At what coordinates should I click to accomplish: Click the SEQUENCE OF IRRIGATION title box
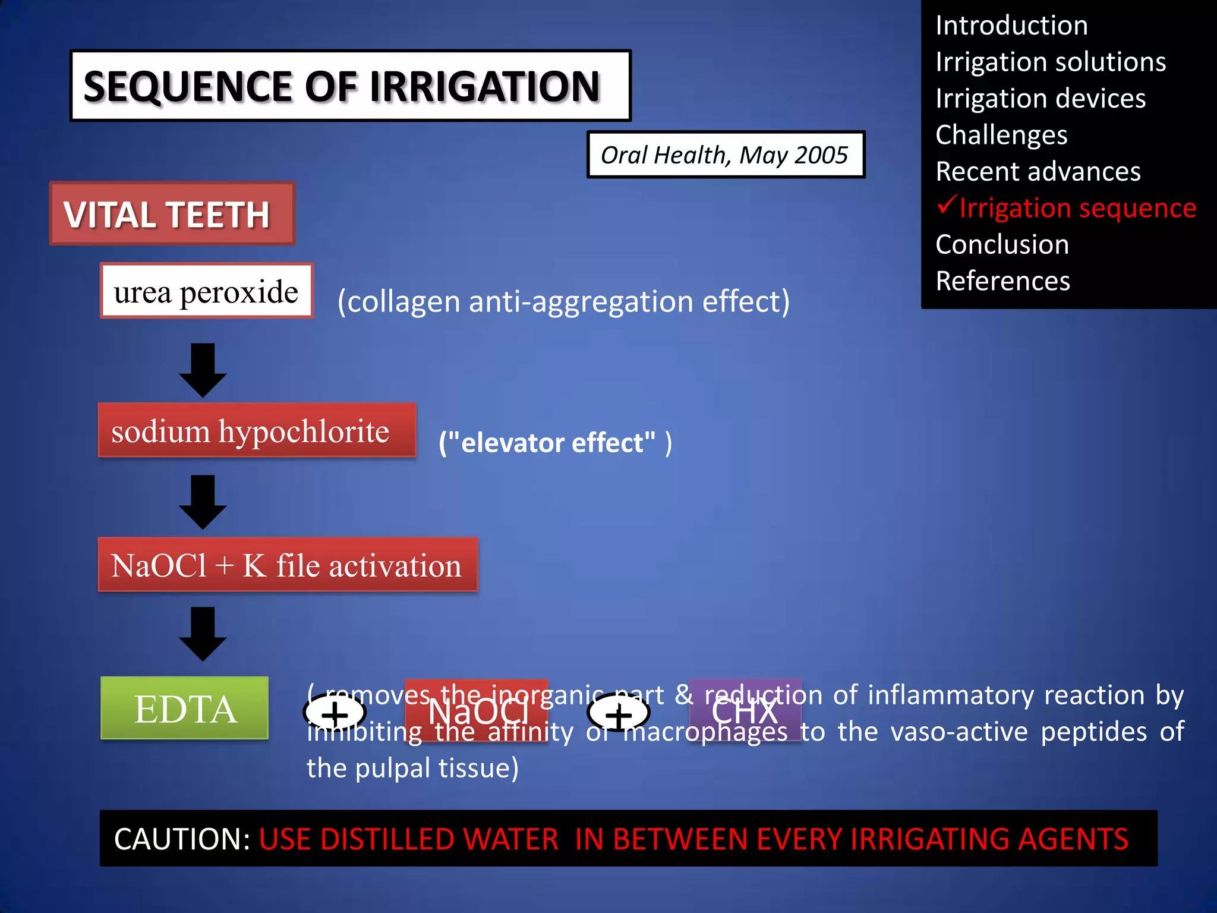[350, 86]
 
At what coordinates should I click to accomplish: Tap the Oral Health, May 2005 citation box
[725, 155]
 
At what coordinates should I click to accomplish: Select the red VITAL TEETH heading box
[172, 214]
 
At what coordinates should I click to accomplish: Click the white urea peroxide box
[206, 291]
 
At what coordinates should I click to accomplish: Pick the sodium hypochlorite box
[257, 430]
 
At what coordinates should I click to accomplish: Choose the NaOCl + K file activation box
[288, 565]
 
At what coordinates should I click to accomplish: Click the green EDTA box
[184, 709]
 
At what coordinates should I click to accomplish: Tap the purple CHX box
[745, 711]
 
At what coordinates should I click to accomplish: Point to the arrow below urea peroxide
[203, 370]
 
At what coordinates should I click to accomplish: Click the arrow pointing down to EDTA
[203, 634]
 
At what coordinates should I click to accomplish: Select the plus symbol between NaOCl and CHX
[619, 715]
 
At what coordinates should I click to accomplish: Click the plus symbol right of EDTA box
[335, 714]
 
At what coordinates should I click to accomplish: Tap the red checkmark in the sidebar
[947, 206]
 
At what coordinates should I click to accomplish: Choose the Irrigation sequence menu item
[1077, 208]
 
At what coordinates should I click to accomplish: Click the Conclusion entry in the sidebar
[1002, 244]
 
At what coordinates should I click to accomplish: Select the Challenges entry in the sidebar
[1001, 135]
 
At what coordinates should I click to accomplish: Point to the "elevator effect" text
[555, 443]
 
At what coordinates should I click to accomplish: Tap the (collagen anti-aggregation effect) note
[563, 301]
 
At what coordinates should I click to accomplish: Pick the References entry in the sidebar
[1002, 281]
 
